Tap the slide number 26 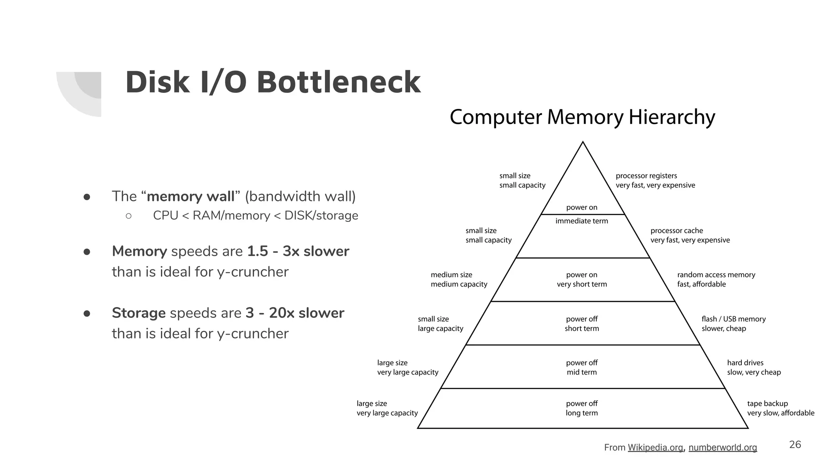[x=795, y=445]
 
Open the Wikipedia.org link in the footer [x=655, y=447]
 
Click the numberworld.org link [x=722, y=447]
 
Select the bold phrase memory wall [x=190, y=197]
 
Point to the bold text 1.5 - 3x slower [x=298, y=251]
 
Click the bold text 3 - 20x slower [x=295, y=313]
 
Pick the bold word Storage [x=138, y=313]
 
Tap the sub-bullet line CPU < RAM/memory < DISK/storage [x=255, y=215]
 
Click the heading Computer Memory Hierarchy [x=582, y=117]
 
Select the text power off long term [x=582, y=408]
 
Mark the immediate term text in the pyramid [x=582, y=221]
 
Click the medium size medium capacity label [x=458, y=279]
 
